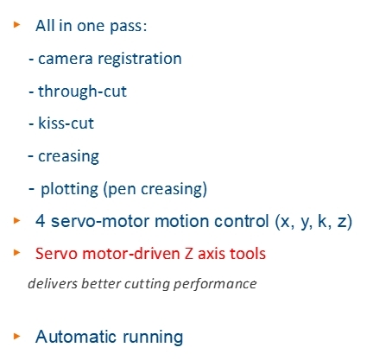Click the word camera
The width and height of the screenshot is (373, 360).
(66, 59)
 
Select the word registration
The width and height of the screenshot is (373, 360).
(140, 60)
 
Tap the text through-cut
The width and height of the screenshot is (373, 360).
(82, 92)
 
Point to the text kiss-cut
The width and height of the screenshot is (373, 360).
(66, 123)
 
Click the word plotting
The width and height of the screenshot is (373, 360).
(69, 190)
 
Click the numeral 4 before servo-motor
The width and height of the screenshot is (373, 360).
(40, 221)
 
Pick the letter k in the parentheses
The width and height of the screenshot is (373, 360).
(322, 221)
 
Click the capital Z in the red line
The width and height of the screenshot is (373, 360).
(188, 254)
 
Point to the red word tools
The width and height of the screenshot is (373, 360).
(248, 254)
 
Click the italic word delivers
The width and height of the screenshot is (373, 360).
(53, 284)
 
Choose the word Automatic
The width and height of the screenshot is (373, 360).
(76, 337)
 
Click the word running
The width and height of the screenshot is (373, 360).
(153, 338)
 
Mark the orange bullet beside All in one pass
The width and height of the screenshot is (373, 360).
(17, 24)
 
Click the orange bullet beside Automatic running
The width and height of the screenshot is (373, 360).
(17, 336)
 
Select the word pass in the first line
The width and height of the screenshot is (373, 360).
(128, 27)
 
